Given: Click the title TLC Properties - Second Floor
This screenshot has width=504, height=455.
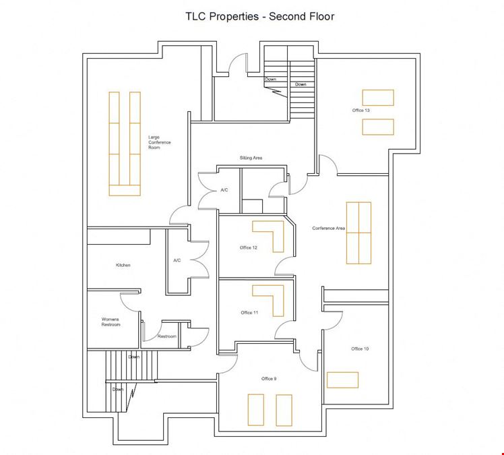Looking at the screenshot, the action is click(x=259, y=16).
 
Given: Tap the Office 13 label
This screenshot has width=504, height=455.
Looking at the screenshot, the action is click(x=360, y=111).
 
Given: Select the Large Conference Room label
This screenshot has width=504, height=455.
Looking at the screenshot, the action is click(x=160, y=142).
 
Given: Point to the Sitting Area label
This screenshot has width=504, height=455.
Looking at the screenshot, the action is click(x=251, y=158).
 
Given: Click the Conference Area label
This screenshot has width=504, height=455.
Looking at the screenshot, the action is click(x=329, y=229).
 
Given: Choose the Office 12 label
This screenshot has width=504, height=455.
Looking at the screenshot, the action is click(x=249, y=247).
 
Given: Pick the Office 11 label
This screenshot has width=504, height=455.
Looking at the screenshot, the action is click(x=249, y=313).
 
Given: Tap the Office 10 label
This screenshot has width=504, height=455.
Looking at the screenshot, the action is click(x=360, y=349).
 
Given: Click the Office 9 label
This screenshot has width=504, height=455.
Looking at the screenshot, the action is click(x=269, y=379).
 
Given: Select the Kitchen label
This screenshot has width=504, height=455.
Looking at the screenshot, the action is click(x=123, y=266).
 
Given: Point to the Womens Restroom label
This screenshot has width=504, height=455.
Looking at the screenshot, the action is click(x=111, y=322).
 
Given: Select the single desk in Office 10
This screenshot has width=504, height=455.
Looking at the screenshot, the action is click(x=343, y=380).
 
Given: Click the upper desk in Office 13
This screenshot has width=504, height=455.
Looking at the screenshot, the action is click(x=378, y=98).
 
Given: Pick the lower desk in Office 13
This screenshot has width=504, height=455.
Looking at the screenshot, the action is click(x=378, y=127).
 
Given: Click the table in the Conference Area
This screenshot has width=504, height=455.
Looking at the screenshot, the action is click(x=358, y=233).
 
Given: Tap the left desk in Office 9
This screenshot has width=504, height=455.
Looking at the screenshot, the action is click(x=256, y=410).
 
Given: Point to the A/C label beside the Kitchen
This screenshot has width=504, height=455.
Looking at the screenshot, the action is click(x=177, y=260).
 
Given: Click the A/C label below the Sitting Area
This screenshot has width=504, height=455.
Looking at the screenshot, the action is click(x=224, y=190).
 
